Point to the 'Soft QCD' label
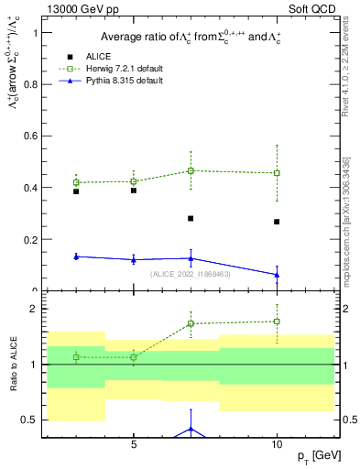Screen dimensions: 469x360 pos(318,7)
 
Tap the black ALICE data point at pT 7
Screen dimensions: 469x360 pos(191,219)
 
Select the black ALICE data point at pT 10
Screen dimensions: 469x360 pos(277,222)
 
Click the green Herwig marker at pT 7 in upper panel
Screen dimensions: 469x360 pos(191,170)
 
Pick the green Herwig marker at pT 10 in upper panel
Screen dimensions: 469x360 pos(277,173)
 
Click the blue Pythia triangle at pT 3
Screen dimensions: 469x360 pos(76,256)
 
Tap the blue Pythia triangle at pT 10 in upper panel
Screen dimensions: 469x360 pos(277,275)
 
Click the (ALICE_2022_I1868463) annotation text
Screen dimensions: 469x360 pos(191,274)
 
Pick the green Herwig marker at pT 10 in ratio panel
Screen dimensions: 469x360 pos(277,322)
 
